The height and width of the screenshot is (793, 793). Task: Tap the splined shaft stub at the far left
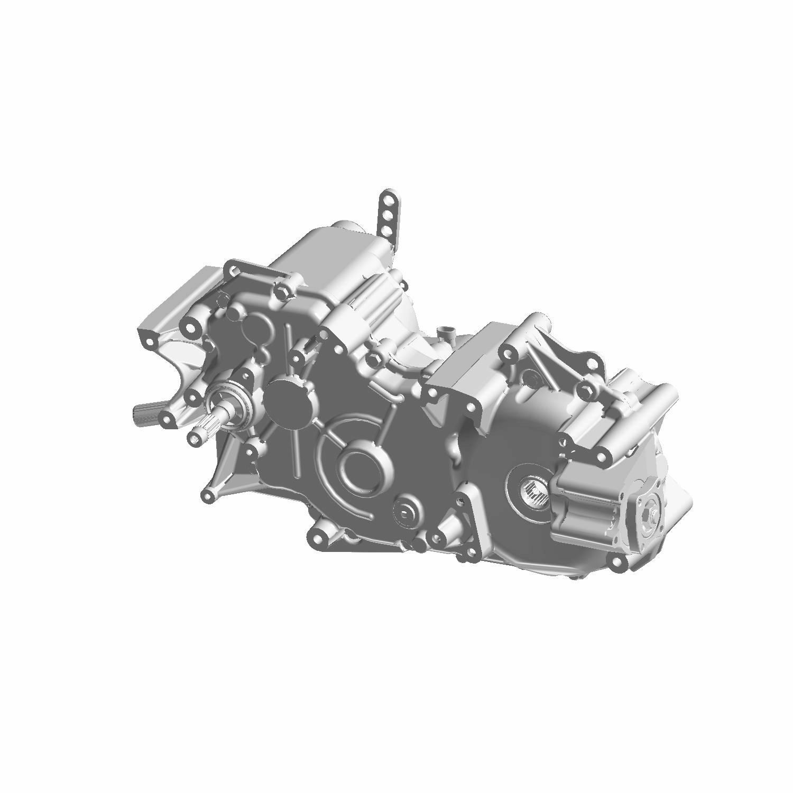pos(142,413)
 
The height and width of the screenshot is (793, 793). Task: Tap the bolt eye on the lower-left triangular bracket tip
pos(208,495)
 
